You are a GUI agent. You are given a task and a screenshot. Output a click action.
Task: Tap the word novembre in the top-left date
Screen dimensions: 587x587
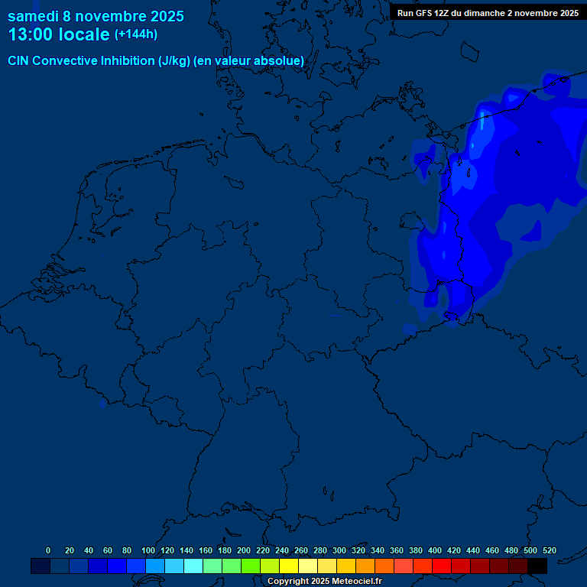point(109,16)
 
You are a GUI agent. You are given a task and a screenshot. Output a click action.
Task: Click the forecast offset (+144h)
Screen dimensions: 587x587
point(135,34)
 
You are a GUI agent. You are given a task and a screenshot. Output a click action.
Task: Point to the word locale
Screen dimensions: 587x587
point(84,35)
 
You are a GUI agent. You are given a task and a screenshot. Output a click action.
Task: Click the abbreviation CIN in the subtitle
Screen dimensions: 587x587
point(18,60)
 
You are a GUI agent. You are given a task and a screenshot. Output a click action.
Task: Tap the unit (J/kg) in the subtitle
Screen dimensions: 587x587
point(174,60)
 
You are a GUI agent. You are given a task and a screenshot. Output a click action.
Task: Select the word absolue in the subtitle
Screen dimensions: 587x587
point(281,60)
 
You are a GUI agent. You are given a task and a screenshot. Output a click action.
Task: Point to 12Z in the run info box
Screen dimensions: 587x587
point(442,13)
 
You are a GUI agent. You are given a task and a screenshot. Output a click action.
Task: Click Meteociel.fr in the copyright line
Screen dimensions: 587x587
point(356,582)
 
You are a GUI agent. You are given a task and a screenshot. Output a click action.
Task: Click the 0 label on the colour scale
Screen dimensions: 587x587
point(48,550)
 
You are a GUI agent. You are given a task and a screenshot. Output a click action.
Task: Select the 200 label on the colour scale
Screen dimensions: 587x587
point(243,550)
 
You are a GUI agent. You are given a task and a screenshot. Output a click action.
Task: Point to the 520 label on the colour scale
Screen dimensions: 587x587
point(549,550)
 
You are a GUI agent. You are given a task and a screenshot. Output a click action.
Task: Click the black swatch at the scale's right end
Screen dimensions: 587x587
point(537,566)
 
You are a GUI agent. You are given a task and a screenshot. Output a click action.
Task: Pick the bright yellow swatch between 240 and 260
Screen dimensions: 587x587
point(289,566)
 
